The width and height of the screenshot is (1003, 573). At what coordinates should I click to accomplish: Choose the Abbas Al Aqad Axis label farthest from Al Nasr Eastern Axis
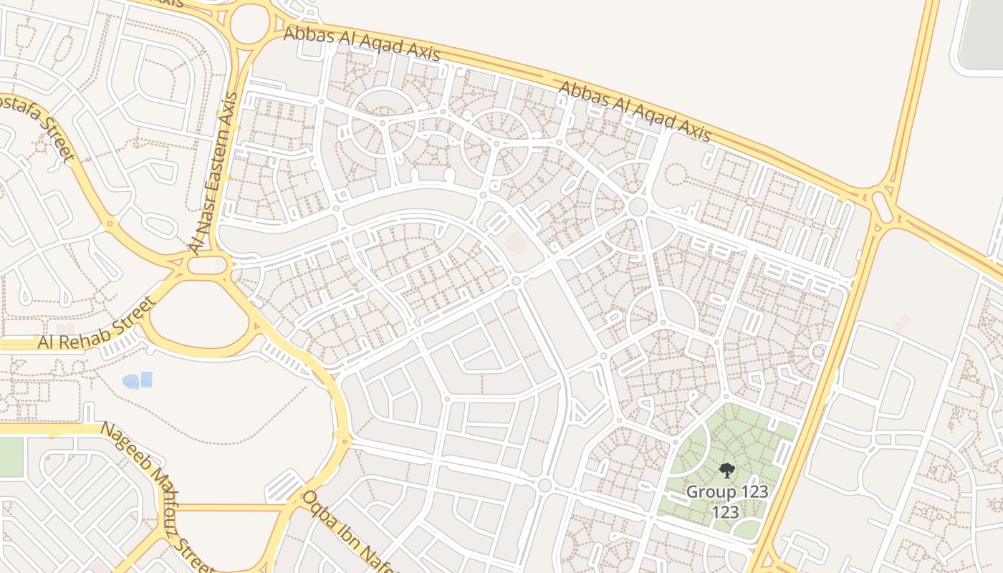tap(634, 111)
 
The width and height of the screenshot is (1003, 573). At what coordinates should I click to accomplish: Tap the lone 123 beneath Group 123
tap(725, 513)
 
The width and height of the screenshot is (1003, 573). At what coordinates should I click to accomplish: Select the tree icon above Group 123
tap(726, 471)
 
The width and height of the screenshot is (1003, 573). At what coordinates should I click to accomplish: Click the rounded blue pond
tap(131, 382)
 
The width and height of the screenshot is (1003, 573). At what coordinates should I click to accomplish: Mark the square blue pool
tap(146, 379)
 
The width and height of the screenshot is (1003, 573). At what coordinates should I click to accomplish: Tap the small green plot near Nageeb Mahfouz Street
tap(11, 456)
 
